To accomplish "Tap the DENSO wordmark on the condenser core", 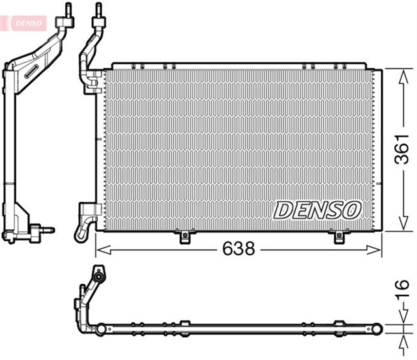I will (x=317, y=210).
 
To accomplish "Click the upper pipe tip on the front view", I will (x=98, y=10).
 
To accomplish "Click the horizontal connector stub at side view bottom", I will (x=47, y=229).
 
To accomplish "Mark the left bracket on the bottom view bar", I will (x=184, y=324).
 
